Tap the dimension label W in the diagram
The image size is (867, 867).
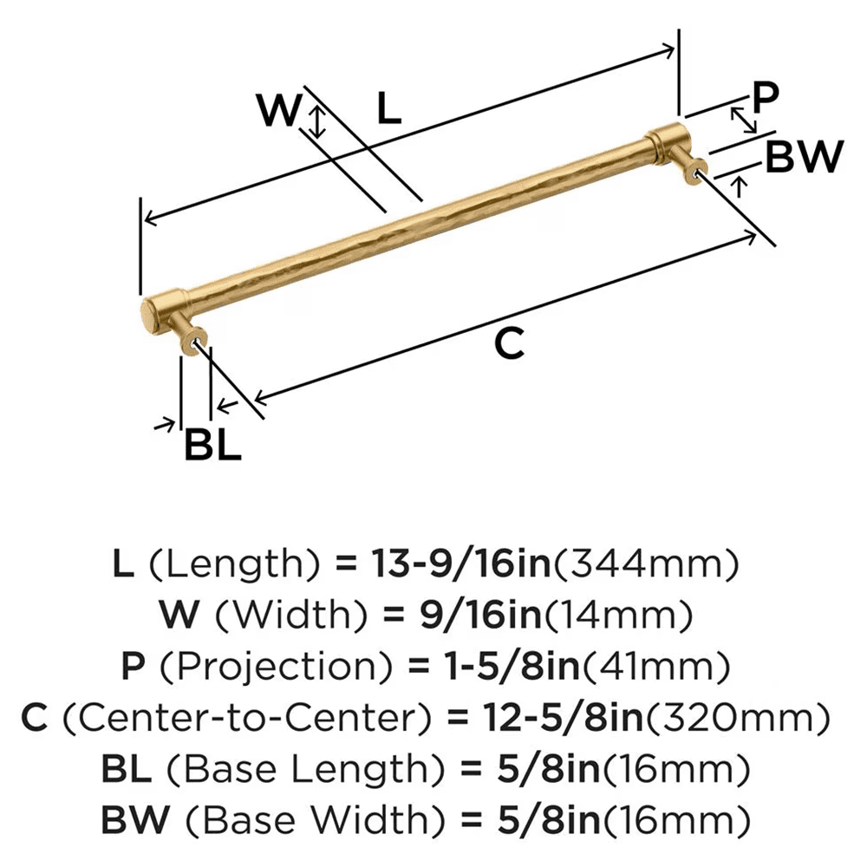click(281, 111)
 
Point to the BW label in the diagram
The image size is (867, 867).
click(804, 158)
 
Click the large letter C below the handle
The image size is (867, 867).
click(510, 344)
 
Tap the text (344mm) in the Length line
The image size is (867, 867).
click(646, 565)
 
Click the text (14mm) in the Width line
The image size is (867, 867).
click(617, 616)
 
